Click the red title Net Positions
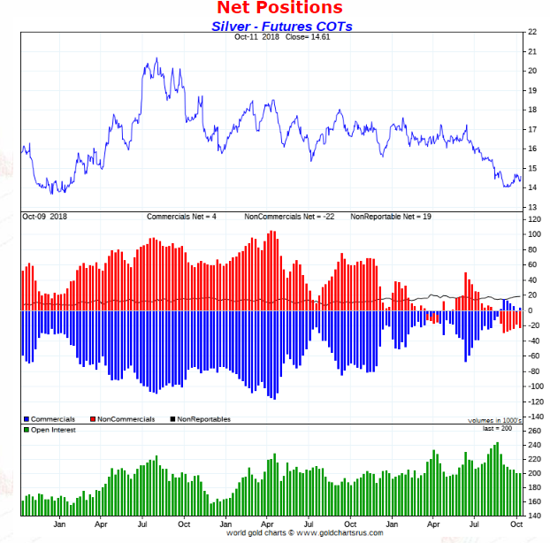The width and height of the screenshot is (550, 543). [x=279, y=9]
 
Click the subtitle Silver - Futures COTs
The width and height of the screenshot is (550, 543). [x=281, y=26]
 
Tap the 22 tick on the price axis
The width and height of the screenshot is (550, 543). [x=532, y=32]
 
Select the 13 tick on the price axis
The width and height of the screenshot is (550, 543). [x=532, y=207]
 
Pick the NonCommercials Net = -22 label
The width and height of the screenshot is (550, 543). [x=289, y=216]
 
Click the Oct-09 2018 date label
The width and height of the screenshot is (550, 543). [x=45, y=216]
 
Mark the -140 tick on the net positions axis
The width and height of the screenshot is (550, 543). [x=535, y=416]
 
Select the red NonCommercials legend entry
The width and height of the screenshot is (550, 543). [x=123, y=418]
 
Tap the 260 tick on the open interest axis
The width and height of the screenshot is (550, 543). [x=534, y=431]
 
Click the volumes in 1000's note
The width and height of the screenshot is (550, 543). [x=496, y=420]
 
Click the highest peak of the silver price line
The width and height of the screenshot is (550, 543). [x=157, y=59]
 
